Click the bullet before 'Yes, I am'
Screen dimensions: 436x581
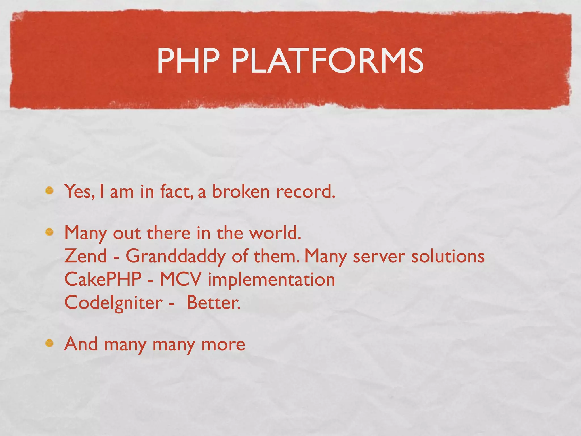(49, 190)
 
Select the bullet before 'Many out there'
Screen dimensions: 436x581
(49, 232)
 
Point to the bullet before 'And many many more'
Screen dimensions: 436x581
(49, 343)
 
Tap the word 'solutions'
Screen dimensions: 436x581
(448, 256)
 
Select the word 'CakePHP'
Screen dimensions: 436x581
(103, 279)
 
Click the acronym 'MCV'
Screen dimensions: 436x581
(180, 279)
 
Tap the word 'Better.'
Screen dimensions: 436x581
(213, 303)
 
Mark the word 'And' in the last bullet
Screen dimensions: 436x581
(81, 344)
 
